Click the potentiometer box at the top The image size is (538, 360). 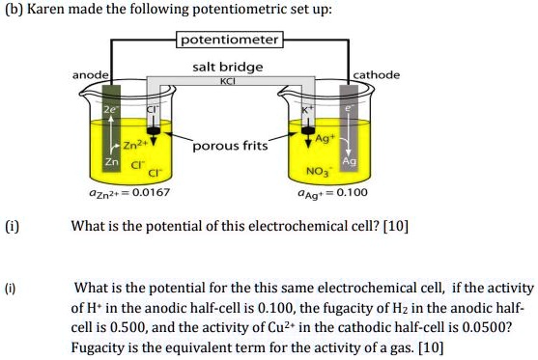[229, 41]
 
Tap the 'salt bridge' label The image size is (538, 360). [228, 68]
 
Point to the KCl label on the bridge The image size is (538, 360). [228, 81]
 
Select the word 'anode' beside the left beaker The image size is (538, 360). [90, 74]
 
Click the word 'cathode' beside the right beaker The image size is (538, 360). [378, 74]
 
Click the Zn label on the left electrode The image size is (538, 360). [111, 160]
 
